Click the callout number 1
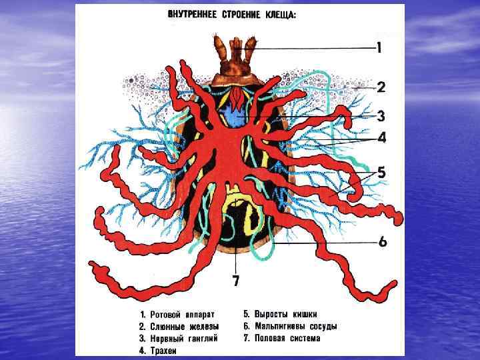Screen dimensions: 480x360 click(379, 47)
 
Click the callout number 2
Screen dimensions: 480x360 click(381, 87)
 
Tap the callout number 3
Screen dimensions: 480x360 click(381, 116)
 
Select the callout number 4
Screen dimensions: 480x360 click(381, 138)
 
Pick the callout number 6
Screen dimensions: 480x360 click(383, 241)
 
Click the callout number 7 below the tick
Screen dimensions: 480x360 click(236, 281)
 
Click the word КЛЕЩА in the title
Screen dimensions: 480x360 click(280, 15)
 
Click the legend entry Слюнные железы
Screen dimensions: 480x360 click(180, 326)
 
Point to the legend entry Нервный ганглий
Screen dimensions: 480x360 click(181, 338)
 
